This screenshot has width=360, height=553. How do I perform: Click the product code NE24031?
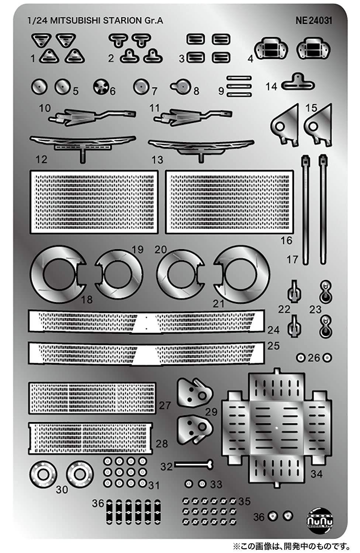(x=314, y=21)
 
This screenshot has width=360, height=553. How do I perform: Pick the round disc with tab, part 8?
(x=181, y=87)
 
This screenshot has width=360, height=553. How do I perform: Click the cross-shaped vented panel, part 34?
(x=277, y=428)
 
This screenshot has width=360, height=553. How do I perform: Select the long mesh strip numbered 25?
(x=146, y=353)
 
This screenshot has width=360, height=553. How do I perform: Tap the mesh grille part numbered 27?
(x=92, y=398)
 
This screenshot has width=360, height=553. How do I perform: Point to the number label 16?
(x=286, y=241)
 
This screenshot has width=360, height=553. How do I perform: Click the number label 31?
(x=154, y=485)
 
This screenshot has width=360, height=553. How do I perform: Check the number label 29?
(x=211, y=411)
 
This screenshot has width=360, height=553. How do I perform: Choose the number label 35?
(x=244, y=501)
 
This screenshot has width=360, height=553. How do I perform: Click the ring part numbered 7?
(x=141, y=87)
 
